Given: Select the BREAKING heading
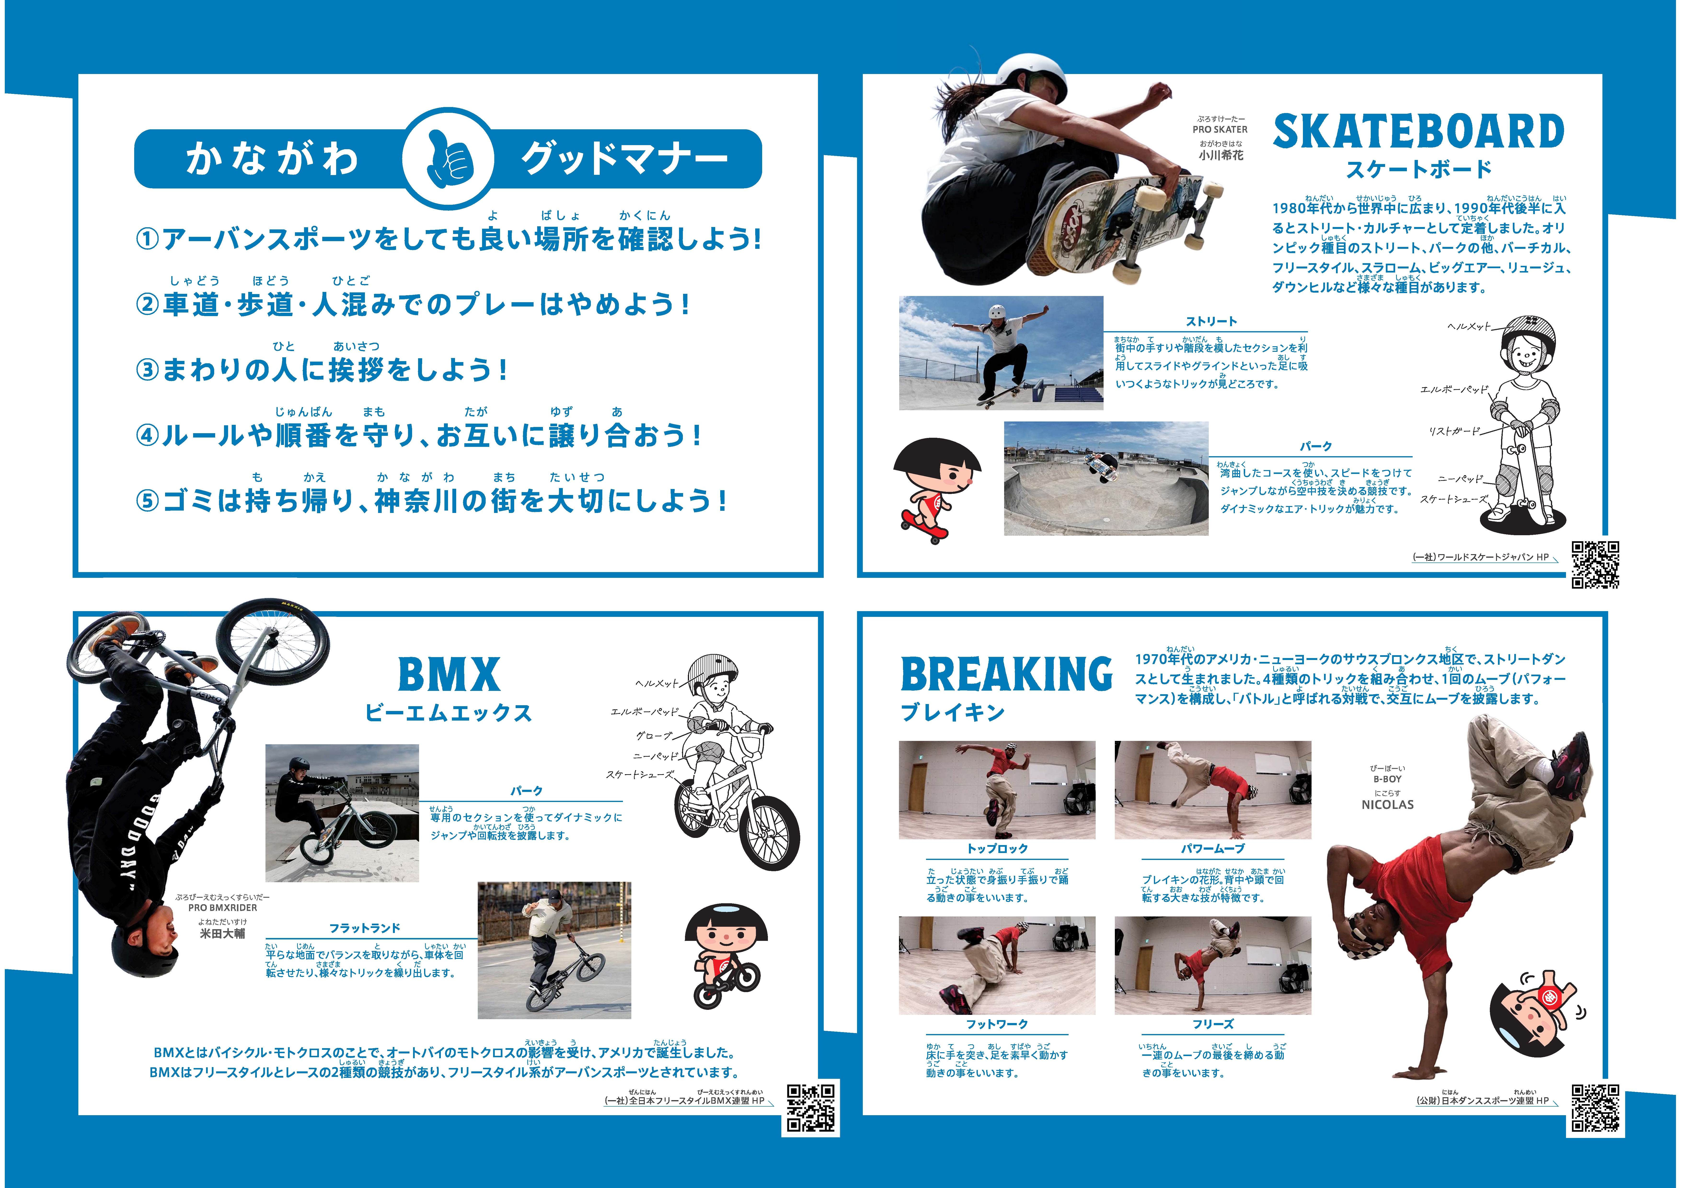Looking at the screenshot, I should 1006,674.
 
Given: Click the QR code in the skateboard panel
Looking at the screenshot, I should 1595,564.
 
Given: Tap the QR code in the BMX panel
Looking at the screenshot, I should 811,1108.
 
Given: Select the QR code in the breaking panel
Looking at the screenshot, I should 1595,1108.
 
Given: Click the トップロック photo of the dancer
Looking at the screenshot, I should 996,790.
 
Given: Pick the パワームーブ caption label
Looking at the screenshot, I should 1212,848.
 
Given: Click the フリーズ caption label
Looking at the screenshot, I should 1212,1024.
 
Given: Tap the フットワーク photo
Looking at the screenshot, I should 996,966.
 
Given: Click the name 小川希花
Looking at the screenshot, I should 1220,155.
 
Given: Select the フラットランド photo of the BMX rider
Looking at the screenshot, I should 554,950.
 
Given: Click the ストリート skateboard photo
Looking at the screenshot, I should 1000,352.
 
